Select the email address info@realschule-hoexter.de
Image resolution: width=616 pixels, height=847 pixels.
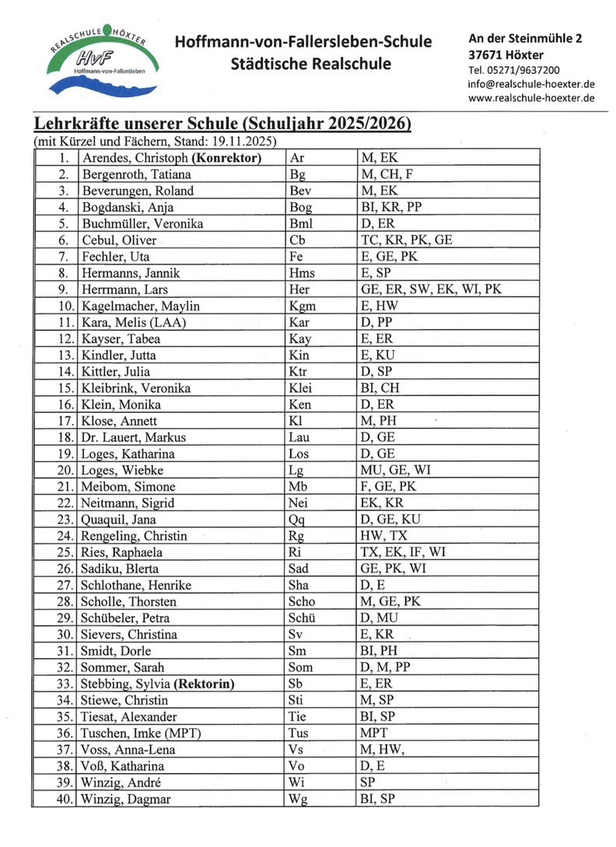click(x=532, y=84)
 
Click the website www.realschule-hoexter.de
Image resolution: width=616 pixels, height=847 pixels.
click(x=531, y=98)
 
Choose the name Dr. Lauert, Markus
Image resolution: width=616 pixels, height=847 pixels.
click(x=134, y=437)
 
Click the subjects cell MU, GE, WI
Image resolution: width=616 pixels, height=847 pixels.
click(x=395, y=470)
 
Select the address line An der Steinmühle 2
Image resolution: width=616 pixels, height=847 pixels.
click(x=525, y=38)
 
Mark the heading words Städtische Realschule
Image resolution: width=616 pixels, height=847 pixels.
click(x=310, y=64)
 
